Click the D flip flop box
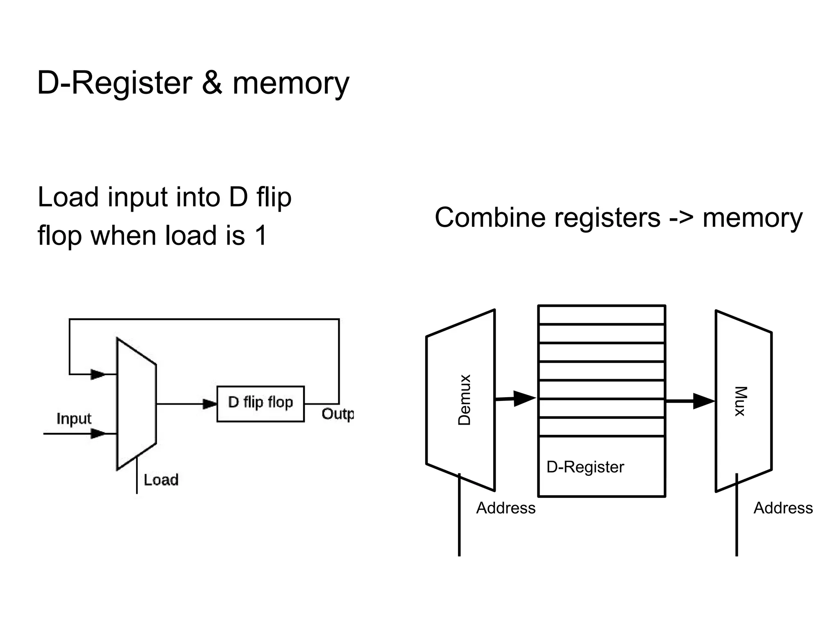(261, 404)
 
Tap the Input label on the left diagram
(74, 419)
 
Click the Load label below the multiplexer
(161, 480)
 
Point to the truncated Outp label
(338, 414)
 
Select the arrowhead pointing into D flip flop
(210, 404)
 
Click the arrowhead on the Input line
(98, 433)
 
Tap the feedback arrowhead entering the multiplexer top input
(98, 374)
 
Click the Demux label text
(465, 400)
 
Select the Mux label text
(740, 401)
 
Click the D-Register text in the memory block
(585, 467)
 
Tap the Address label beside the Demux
(506, 508)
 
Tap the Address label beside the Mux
(783, 508)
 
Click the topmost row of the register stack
(601, 315)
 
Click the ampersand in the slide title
(212, 83)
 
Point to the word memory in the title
(291, 84)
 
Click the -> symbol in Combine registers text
(681, 217)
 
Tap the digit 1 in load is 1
(261, 235)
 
